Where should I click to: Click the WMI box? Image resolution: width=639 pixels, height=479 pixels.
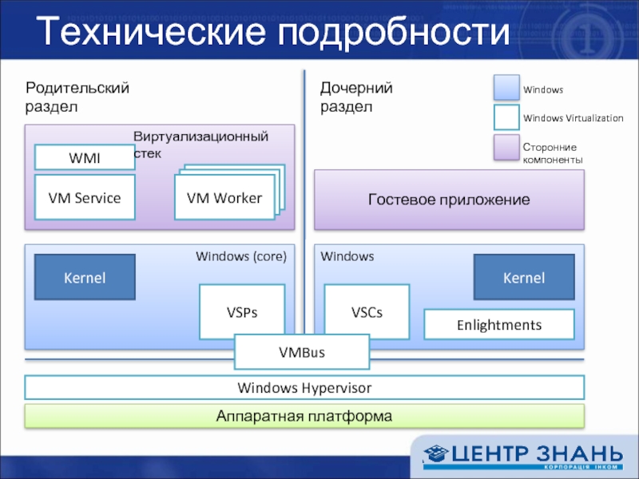click(x=84, y=157)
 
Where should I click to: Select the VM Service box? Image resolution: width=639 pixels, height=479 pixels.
click(x=84, y=197)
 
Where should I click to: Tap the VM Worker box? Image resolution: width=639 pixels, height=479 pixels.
click(x=223, y=198)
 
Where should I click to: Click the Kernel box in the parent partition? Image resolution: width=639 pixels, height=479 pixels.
click(x=84, y=277)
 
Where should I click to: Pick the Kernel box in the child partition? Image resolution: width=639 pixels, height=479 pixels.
click(x=523, y=277)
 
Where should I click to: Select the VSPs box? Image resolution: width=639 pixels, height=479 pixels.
click(x=241, y=312)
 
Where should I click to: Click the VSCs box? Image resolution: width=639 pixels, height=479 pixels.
click(x=367, y=312)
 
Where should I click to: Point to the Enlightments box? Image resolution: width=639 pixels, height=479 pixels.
click(x=498, y=325)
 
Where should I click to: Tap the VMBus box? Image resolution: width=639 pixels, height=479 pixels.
click(x=302, y=352)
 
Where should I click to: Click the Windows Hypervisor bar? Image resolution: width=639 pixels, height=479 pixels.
click(x=304, y=388)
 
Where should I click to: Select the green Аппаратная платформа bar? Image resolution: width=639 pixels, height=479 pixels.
click(x=304, y=416)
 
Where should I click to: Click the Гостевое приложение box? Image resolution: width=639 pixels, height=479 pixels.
click(x=448, y=200)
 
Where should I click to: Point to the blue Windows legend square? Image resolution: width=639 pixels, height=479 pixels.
click(x=506, y=89)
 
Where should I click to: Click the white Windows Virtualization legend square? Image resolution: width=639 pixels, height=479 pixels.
click(x=506, y=117)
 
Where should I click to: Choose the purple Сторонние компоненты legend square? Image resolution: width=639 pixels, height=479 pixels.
click(x=506, y=148)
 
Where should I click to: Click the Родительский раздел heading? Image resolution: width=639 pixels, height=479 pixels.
click(x=77, y=97)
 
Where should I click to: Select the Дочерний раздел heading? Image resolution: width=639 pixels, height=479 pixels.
click(x=356, y=97)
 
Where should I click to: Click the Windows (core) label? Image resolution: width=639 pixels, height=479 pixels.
click(x=240, y=257)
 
